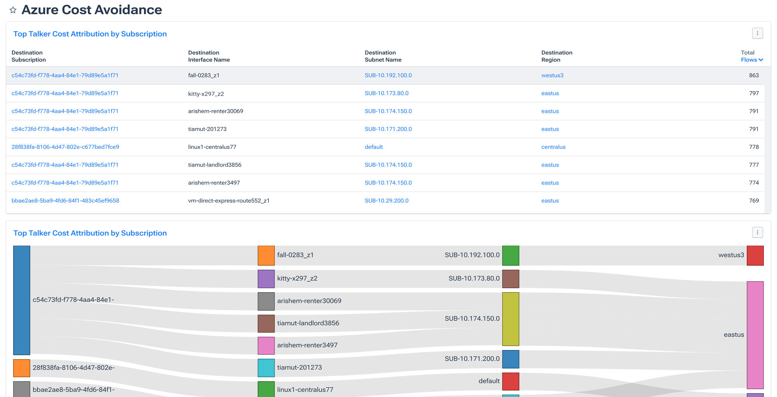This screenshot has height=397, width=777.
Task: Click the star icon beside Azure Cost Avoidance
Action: tap(13, 10)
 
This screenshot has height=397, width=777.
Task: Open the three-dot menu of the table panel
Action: tap(757, 33)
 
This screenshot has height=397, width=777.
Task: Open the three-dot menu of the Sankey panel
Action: tap(757, 233)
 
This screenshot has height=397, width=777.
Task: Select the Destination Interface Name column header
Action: tap(209, 56)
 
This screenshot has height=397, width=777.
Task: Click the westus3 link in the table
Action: tap(552, 75)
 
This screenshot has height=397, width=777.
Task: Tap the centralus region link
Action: tap(553, 147)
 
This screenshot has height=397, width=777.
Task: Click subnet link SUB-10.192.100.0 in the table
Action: tap(388, 75)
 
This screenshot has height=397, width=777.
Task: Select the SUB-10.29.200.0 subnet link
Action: tap(386, 200)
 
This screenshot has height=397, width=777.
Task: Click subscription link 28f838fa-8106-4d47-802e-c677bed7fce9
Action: tap(65, 147)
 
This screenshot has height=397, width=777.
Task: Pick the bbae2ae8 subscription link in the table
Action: tap(65, 200)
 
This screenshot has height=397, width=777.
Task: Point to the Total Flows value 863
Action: tap(754, 75)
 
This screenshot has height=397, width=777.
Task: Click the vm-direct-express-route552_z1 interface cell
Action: tap(228, 200)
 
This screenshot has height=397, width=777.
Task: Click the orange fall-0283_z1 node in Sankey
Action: tap(266, 256)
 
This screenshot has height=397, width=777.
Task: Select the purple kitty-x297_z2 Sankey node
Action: tap(266, 279)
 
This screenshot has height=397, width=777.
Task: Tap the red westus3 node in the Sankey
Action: tap(755, 256)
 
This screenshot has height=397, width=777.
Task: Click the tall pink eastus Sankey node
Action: tap(755, 335)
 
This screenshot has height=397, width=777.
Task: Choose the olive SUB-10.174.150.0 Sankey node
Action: tap(510, 319)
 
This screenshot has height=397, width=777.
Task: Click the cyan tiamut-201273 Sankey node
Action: tap(266, 368)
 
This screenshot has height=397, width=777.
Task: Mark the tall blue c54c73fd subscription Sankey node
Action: tap(22, 300)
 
